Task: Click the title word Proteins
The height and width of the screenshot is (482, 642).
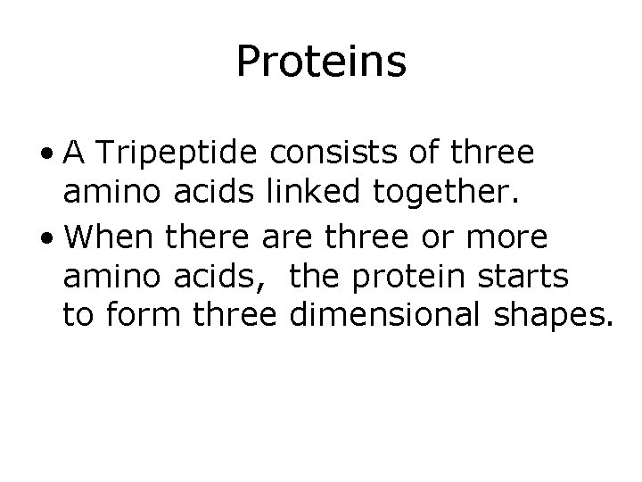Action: (321, 63)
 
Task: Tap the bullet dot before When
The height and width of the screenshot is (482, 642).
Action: (54, 236)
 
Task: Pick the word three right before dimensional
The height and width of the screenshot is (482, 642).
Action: (226, 313)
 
